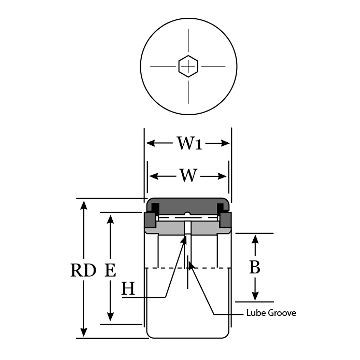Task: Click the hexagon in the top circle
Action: coord(188,66)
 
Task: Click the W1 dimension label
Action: coord(188,144)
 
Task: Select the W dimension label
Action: coord(188,176)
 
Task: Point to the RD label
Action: coord(83,271)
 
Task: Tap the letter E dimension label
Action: coord(110,271)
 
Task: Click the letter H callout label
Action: coord(128,289)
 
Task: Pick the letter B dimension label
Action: coord(255,268)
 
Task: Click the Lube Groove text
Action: coord(271,313)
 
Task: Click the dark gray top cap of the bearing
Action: coord(188,205)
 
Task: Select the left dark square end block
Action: coord(149,220)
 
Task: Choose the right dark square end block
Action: coord(226,220)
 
